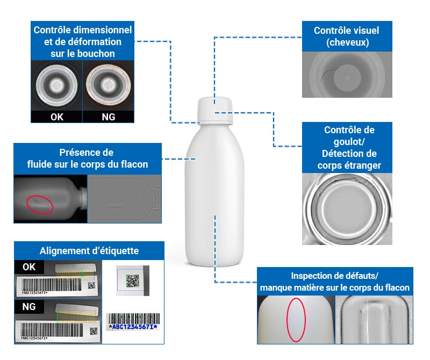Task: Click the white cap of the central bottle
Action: pyautogui.click(x=215, y=110)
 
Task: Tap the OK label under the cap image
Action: pyautogui.click(x=56, y=117)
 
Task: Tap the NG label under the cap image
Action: pyautogui.click(x=108, y=117)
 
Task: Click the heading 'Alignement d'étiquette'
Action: pyautogui.click(x=89, y=251)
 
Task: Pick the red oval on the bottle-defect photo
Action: pyautogui.click(x=296, y=319)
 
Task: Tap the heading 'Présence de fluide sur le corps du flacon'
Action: pyautogui.click(x=88, y=159)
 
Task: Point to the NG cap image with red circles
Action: pyautogui.click(x=108, y=85)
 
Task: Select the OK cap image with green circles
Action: pyautogui.click(x=56, y=85)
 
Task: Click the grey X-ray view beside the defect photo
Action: pyautogui.click(x=374, y=319)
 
